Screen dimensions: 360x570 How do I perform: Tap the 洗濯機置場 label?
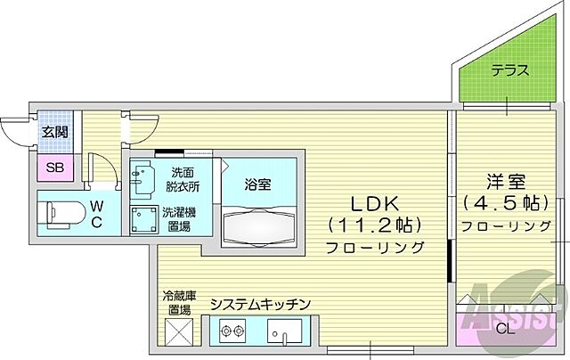180,218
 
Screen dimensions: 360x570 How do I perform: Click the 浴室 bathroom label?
258,184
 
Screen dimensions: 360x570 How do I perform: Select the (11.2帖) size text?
373,223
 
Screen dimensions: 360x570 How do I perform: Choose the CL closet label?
506,328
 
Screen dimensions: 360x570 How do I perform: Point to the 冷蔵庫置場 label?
177,303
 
